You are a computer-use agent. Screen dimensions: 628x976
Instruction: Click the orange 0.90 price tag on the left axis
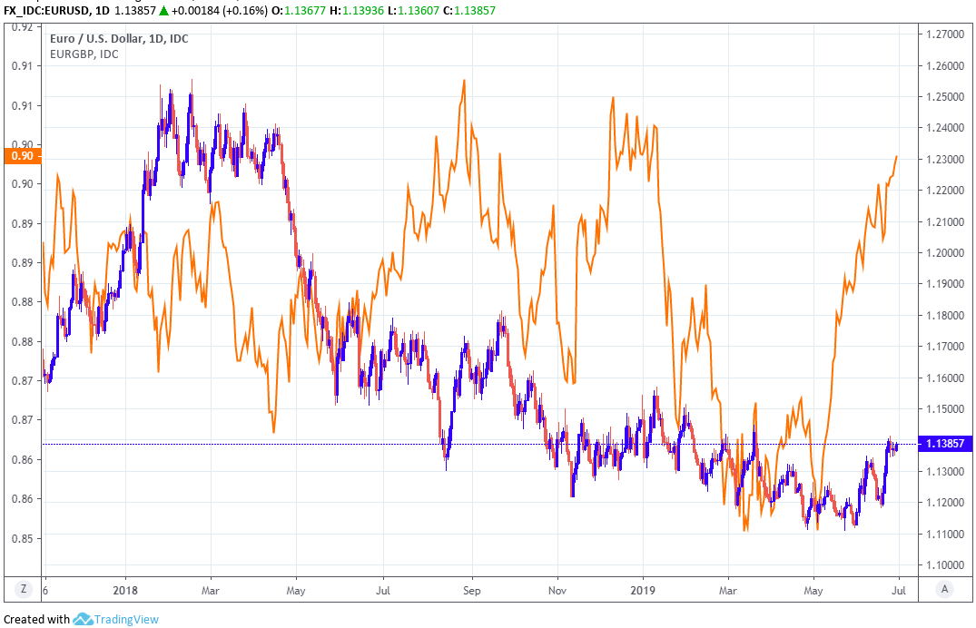21,155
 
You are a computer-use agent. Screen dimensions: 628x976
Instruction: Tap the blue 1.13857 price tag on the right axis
946,444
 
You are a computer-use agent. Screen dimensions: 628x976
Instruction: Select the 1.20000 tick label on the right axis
945,252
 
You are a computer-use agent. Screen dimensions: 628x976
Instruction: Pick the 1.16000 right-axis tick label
945,378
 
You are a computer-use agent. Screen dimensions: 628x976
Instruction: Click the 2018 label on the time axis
124,589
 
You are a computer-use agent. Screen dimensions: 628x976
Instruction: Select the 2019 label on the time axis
642,589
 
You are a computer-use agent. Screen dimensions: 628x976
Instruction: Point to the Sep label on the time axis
471,589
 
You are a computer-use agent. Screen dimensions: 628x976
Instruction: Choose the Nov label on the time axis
557,589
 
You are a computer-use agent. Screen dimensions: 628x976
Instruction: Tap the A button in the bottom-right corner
945,590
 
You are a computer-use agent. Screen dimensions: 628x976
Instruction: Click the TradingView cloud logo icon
84,619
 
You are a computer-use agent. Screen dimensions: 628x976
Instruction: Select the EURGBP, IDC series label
84,54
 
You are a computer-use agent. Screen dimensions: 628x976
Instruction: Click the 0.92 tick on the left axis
21,27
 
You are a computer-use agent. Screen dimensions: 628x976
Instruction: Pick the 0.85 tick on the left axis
21,538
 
